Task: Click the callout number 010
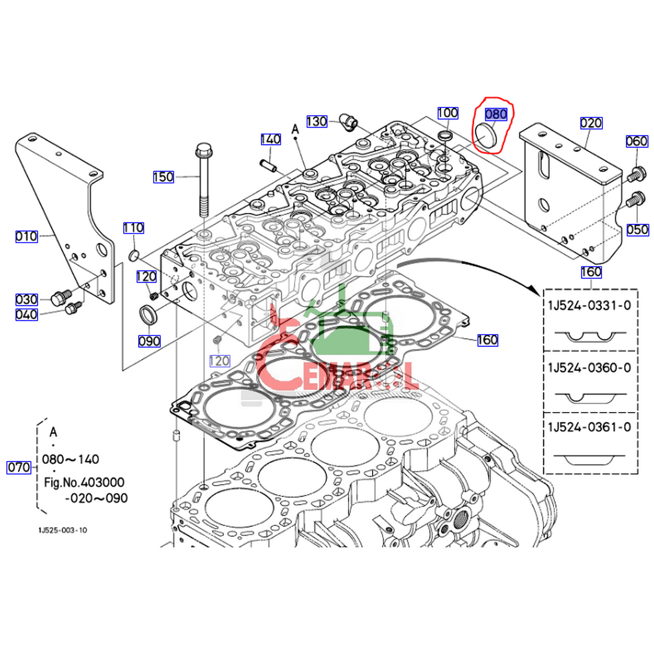27,236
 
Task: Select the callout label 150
163,177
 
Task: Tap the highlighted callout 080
496,114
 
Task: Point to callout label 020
591,123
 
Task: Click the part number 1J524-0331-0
589,306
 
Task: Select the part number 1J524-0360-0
589,368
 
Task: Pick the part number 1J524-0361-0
589,427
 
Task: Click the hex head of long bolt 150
204,150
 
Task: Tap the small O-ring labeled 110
134,256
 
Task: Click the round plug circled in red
485,136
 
